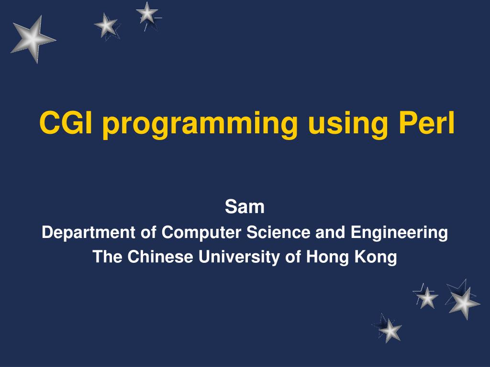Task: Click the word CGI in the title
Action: pos(66,123)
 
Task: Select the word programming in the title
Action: pos(200,125)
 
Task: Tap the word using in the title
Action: pos(347,125)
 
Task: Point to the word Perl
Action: pos(426,123)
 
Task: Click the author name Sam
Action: pos(245,206)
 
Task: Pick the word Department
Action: pos(89,233)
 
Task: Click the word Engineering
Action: pos(399,233)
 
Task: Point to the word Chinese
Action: pos(160,257)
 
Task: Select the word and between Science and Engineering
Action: pos(330,232)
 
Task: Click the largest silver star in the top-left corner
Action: pos(33,39)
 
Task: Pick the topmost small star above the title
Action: pos(147,14)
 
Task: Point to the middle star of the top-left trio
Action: pos(106,26)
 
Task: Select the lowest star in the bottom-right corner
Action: pos(390,331)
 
